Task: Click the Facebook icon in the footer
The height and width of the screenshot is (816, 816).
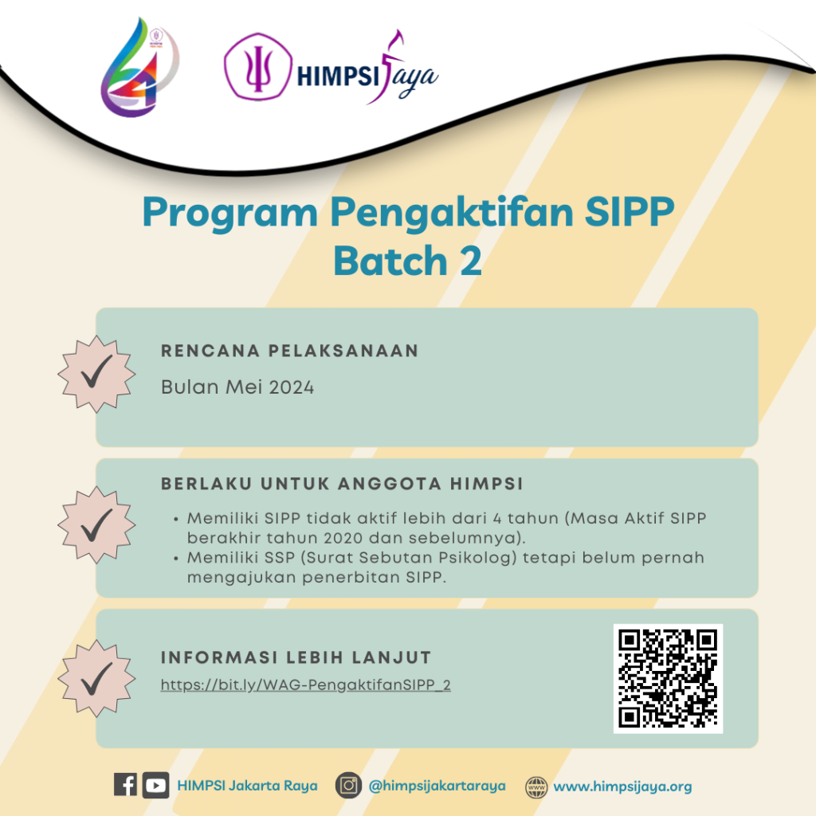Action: point(125,785)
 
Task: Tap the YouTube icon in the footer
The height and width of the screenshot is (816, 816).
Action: point(155,785)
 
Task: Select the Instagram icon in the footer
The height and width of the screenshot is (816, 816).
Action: point(348,785)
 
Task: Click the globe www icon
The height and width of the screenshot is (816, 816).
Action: point(536,787)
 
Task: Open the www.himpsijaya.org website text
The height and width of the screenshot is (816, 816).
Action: point(622,787)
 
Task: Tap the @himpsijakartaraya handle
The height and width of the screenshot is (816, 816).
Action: point(437,786)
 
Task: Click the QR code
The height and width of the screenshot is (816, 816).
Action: point(669,679)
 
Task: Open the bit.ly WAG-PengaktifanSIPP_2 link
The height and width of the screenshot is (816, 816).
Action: point(305,685)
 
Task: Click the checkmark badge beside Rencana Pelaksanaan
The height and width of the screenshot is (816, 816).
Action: point(96,374)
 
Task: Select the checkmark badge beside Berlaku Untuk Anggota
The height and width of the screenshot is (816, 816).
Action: point(96,525)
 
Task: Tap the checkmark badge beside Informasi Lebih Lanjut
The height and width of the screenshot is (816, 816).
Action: point(96,679)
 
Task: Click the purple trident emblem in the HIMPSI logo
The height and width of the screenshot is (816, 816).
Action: point(258,66)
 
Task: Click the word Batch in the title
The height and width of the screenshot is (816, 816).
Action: point(390,261)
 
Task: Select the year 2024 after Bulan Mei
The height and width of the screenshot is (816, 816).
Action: point(292,388)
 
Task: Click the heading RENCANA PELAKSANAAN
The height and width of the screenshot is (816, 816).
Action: point(289,351)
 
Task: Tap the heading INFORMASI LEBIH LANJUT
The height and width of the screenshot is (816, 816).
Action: point(296,657)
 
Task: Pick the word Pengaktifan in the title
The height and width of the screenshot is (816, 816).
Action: point(451,214)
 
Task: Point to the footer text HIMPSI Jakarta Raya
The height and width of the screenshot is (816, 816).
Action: point(247,785)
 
